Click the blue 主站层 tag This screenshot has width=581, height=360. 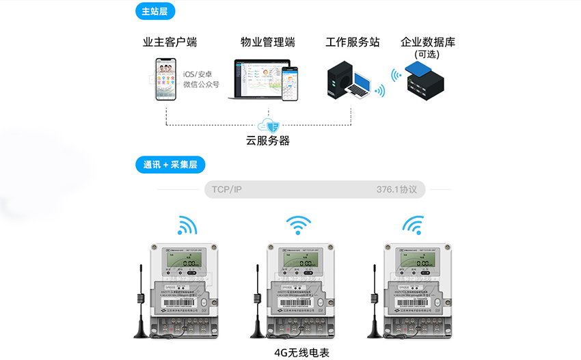[x=156, y=12]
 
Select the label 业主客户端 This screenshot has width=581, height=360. [x=170, y=42]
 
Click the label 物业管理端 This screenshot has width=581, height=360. [x=268, y=42]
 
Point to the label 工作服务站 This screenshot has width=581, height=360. [x=353, y=42]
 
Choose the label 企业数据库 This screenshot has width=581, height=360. [x=428, y=42]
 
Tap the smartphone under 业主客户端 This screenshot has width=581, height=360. [x=167, y=79]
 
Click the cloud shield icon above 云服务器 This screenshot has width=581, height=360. [x=268, y=125]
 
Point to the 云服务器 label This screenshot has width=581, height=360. [x=268, y=141]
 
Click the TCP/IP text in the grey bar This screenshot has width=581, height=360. [x=227, y=189]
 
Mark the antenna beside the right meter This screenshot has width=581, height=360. [x=375, y=304]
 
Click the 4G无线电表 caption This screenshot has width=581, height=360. [x=301, y=352]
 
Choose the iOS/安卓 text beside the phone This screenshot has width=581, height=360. [x=199, y=73]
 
